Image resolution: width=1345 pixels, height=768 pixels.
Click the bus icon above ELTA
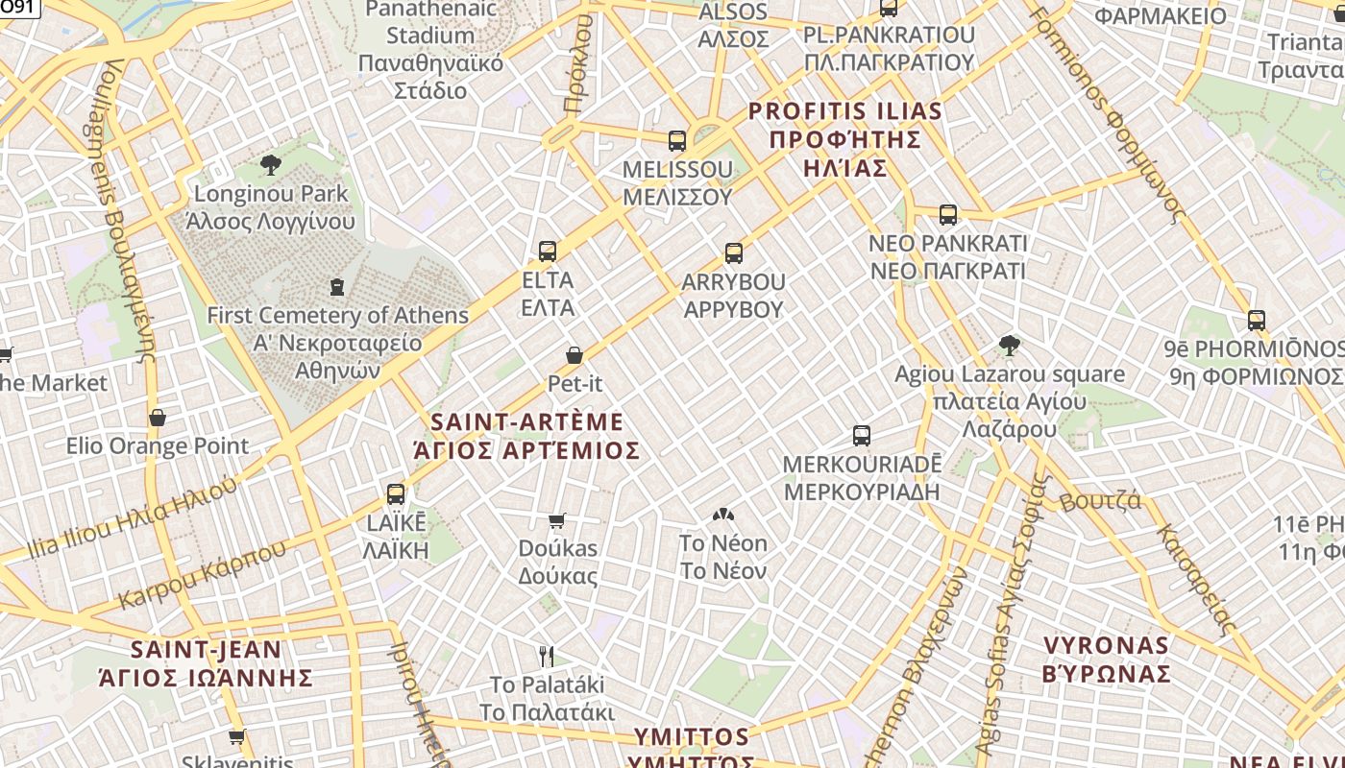(548, 252)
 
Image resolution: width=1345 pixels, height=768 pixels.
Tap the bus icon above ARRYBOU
(734, 253)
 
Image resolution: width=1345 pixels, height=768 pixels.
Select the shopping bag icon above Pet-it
(575, 355)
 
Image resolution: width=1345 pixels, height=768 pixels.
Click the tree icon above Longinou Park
(271, 165)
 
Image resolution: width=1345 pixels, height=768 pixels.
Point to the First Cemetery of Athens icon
(337, 286)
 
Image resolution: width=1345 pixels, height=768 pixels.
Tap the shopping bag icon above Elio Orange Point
(158, 418)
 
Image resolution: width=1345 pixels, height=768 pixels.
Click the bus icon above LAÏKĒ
(395, 494)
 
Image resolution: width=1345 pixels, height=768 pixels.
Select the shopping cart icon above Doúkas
(557, 521)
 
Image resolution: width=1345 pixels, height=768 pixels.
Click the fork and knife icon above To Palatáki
(547, 657)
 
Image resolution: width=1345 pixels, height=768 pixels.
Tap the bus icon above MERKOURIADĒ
(862, 436)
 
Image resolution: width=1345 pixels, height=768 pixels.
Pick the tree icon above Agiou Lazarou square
(1009, 346)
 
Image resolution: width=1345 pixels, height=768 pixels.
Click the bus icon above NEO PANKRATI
(948, 215)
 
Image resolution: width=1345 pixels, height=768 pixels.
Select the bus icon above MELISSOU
(677, 141)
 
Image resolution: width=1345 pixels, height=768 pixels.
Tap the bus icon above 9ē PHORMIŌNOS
(1257, 321)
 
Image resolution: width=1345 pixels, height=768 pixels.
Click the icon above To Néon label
(722, 516)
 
